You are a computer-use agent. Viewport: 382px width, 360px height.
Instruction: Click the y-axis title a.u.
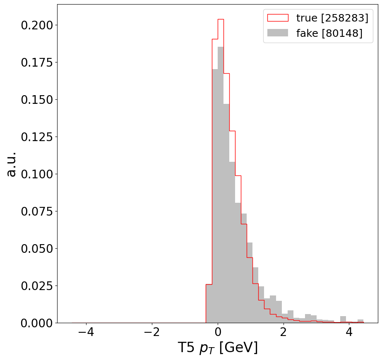[11, 164]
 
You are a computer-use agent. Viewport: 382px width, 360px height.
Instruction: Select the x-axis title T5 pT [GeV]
[218, 348]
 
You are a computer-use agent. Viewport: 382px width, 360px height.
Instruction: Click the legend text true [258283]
[332, 18]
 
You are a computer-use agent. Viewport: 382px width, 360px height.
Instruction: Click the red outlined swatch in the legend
[278, 18]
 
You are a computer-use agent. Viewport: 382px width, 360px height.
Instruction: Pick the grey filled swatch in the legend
[278, 33]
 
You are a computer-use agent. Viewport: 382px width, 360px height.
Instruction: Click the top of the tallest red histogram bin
[221, 19]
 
